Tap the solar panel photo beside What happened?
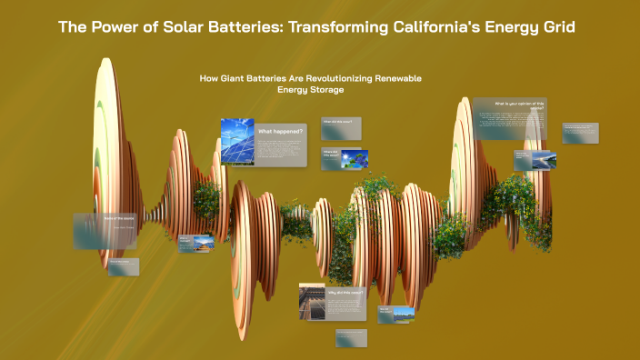(237, 141)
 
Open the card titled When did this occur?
(341, 129)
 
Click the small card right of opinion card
(579, 133)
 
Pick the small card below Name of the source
(125, 266)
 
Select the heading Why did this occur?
(345, 293)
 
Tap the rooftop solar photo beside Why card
(312, 302)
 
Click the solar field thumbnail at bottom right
(403, 315)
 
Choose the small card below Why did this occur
(350, 338)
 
